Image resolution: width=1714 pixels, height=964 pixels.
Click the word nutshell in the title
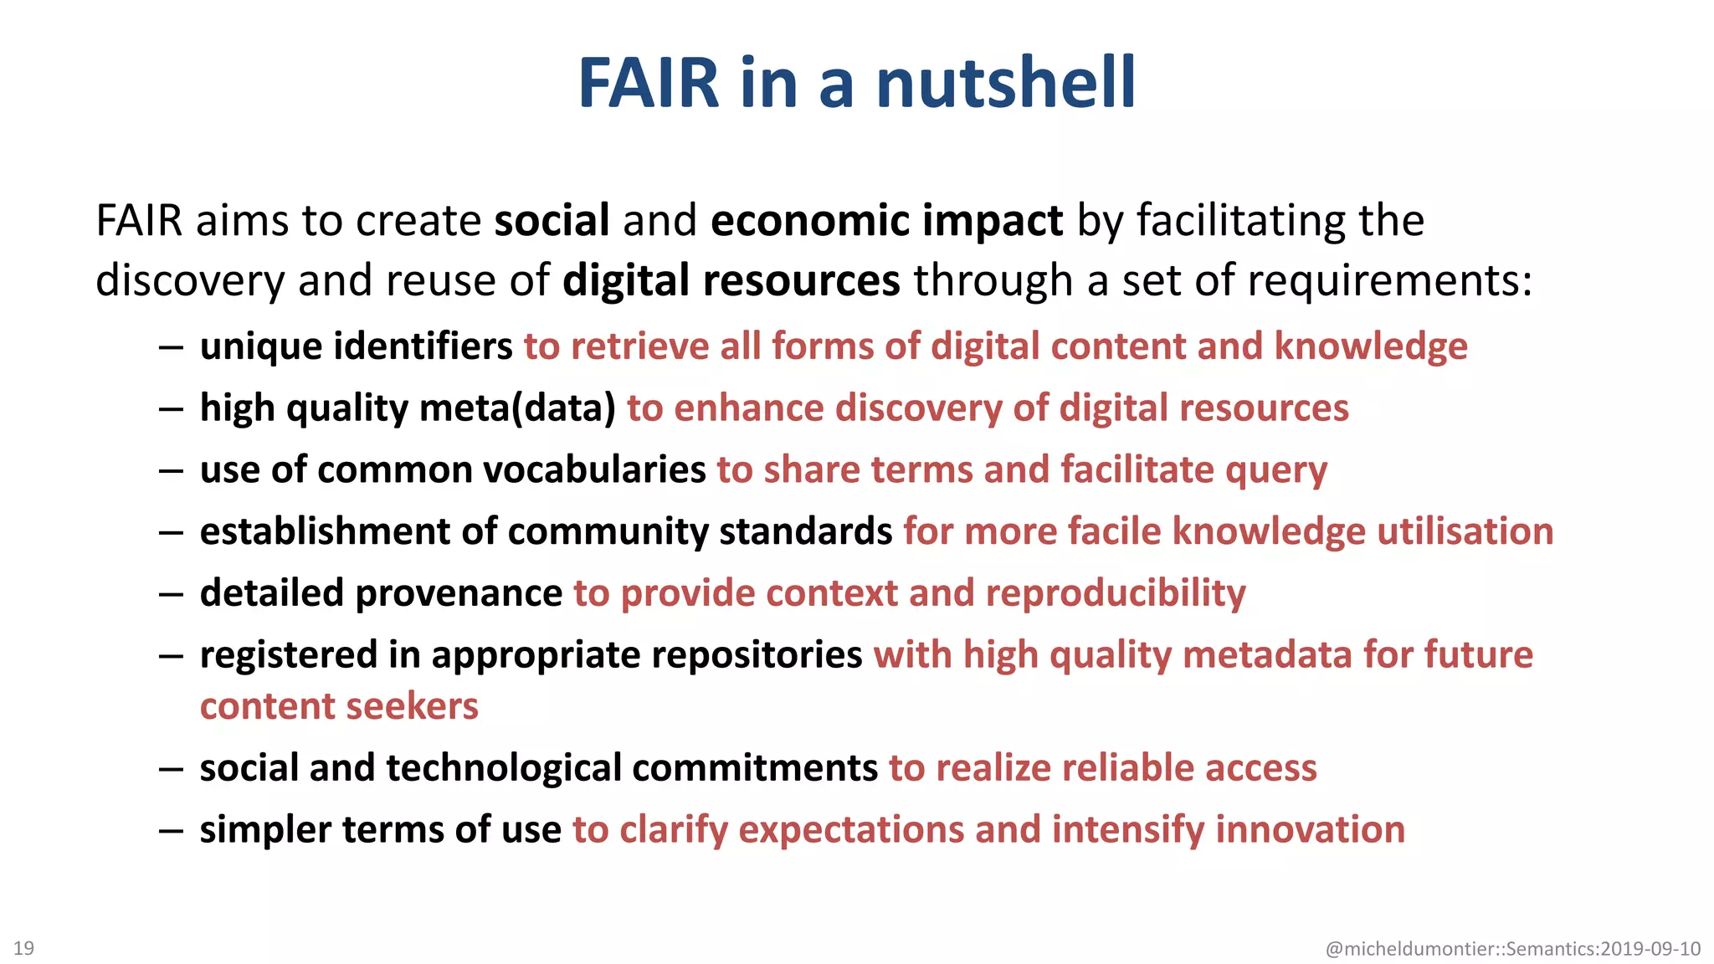[x=1006, y=83]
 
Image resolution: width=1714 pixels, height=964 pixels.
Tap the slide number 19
[x=23, y=948]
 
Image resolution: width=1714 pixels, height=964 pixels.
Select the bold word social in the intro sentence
[x=552, y=221]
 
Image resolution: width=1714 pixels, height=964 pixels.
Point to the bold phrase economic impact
[x=886, y=221]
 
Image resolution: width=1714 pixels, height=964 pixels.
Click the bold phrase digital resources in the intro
[x=731, y=280]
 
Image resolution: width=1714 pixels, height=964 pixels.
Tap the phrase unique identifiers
[x=356, y=346]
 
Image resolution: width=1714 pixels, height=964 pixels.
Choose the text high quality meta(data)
[x=408, y=408]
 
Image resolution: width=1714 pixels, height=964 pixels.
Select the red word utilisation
[x=1465, y=531]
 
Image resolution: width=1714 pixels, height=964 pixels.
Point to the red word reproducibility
[x=1116, y=593]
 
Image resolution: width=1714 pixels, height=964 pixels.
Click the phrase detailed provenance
[x=381, y=593]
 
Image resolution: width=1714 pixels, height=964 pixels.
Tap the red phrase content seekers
[x=339, y=706]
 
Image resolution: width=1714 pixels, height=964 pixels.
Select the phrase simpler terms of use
[x=380, y=829]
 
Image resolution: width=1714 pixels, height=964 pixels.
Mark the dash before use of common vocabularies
[x=171, y=470]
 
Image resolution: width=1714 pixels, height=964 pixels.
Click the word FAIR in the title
[x=649, y=83]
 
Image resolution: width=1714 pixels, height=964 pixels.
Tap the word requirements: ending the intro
[x=1389, y=280]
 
